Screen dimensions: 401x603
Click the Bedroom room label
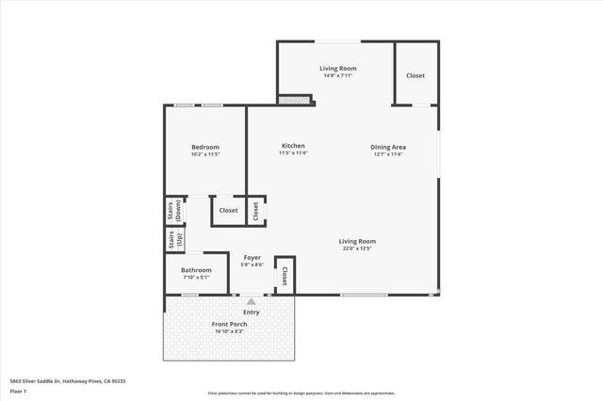[x=205, y=147]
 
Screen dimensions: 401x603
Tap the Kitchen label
[x=293, y=146]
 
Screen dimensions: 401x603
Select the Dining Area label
[x=387, y=147]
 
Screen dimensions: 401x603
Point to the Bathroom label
[x=197, y=270]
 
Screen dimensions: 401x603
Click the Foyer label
[x=253, y=257]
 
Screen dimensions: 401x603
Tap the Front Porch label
[x=230, y=324]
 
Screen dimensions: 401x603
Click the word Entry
[x=252, y=312]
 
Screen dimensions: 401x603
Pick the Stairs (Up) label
[x=174, y=240]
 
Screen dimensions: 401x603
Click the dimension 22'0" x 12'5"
[x=357, y=249]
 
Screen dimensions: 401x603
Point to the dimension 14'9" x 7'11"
[x=334, y=74]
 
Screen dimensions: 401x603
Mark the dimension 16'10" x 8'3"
[x=230, y=331]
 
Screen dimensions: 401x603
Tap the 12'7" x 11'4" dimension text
[x=387, y=153]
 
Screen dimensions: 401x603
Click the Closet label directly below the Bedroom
[x=228, y=211]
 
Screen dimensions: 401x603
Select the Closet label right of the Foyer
[x=284, y=275]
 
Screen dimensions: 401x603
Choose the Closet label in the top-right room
[x=416, y=75]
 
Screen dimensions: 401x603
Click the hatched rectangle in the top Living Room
[x=295, y=98]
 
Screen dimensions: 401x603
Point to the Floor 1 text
[x=18, y=390]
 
